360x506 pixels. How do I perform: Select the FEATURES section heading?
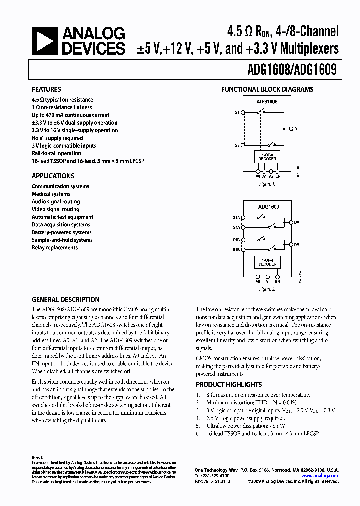pyautogui.click(x=46, y=90)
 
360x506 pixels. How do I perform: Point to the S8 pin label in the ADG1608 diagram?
pyautogui.click(x=237, y=145)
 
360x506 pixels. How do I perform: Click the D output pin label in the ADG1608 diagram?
pyautogui.click(x=295, y=129)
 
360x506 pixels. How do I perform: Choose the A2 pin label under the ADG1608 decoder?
pyautogui.click(x=271, y=176)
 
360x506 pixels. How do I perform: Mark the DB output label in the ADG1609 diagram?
pyautogui.click(x=296, y=245)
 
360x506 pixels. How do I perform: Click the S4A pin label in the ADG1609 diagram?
pyautogui.click(x=236, y=227)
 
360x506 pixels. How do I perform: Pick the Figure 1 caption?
pyautogui.click(x=267, y=184)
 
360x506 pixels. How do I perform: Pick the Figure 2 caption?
pyautogui.click(x=267, y=289)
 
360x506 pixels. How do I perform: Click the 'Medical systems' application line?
pyautogui.click(x=51, y=194)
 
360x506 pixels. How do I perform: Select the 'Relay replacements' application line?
pyautogui.click(x=55, y=248)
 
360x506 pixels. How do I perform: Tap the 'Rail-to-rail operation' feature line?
pyautogui.click(x=56, y=153)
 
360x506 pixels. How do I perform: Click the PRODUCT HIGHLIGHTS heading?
pyautogui.click(x=229, y=384)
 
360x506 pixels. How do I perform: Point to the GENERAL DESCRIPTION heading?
pyautogui.click(x=66, y=299)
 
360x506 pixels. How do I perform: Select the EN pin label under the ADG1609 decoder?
pyautogui.click(x=278, y=281)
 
